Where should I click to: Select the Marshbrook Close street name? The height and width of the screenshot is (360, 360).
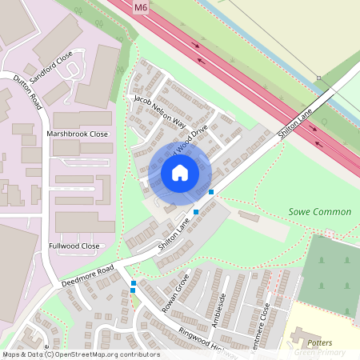(x=77, y=134)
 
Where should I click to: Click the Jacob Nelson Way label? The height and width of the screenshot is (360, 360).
(x=159, y=113)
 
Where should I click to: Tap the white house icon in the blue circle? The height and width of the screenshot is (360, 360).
(x=180, y=173)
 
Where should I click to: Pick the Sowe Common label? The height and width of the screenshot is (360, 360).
(x=319, y=212)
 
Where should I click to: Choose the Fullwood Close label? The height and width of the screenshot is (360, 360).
(x=74, y=246)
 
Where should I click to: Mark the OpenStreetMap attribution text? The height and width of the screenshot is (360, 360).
(x=81, y=354)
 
